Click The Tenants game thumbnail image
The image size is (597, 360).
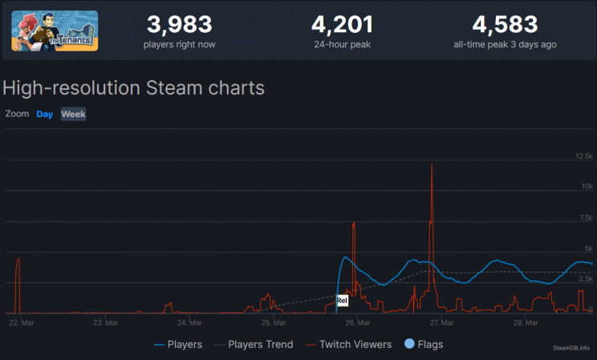click(55, 30)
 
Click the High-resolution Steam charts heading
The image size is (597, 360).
click(134, 87)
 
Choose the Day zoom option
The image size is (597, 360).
click(45, 114)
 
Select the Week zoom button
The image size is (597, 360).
click(74, 114)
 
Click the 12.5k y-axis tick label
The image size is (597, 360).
click(583, 156)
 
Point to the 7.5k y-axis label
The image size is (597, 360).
click(585, 217)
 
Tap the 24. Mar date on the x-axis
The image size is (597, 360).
click(189, 323)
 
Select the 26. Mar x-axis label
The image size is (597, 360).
click(357, 323)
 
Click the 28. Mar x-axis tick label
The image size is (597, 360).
click(526, 323)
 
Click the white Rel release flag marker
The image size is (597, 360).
click(343, 301)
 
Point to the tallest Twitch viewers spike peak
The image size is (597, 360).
click(432, 164)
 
